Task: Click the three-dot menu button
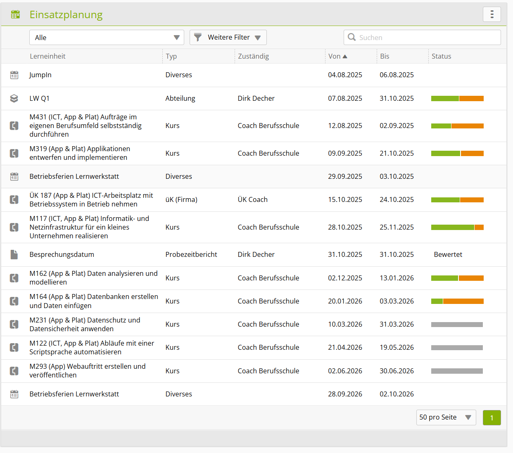[x=492, y=14]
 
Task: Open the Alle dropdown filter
[x=107, y=38]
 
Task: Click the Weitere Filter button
[x=228, y=38]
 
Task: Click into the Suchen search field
[x=422, y=38]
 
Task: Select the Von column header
[x=337, y=56]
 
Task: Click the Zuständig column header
[x=254, y=56]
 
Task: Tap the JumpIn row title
[x=40, y=75]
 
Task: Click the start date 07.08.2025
[x=345, y=98]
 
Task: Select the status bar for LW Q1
[x=457, y=99]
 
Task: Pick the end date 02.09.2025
[x=397, y=126]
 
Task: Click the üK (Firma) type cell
[x=181, y=199]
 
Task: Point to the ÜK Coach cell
[x=252, y=199]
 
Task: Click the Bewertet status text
[x=448, y=254]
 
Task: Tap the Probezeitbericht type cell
[x=191, y=254]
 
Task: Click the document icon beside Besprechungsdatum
[x=14, y=254]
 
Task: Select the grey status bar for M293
[x=457, y=371]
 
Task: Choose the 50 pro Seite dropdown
[x=446, y=417]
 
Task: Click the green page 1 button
[x=492, y=417]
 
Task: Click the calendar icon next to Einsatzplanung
[x=15, y=14]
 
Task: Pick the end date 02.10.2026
[x=397, y=394]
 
